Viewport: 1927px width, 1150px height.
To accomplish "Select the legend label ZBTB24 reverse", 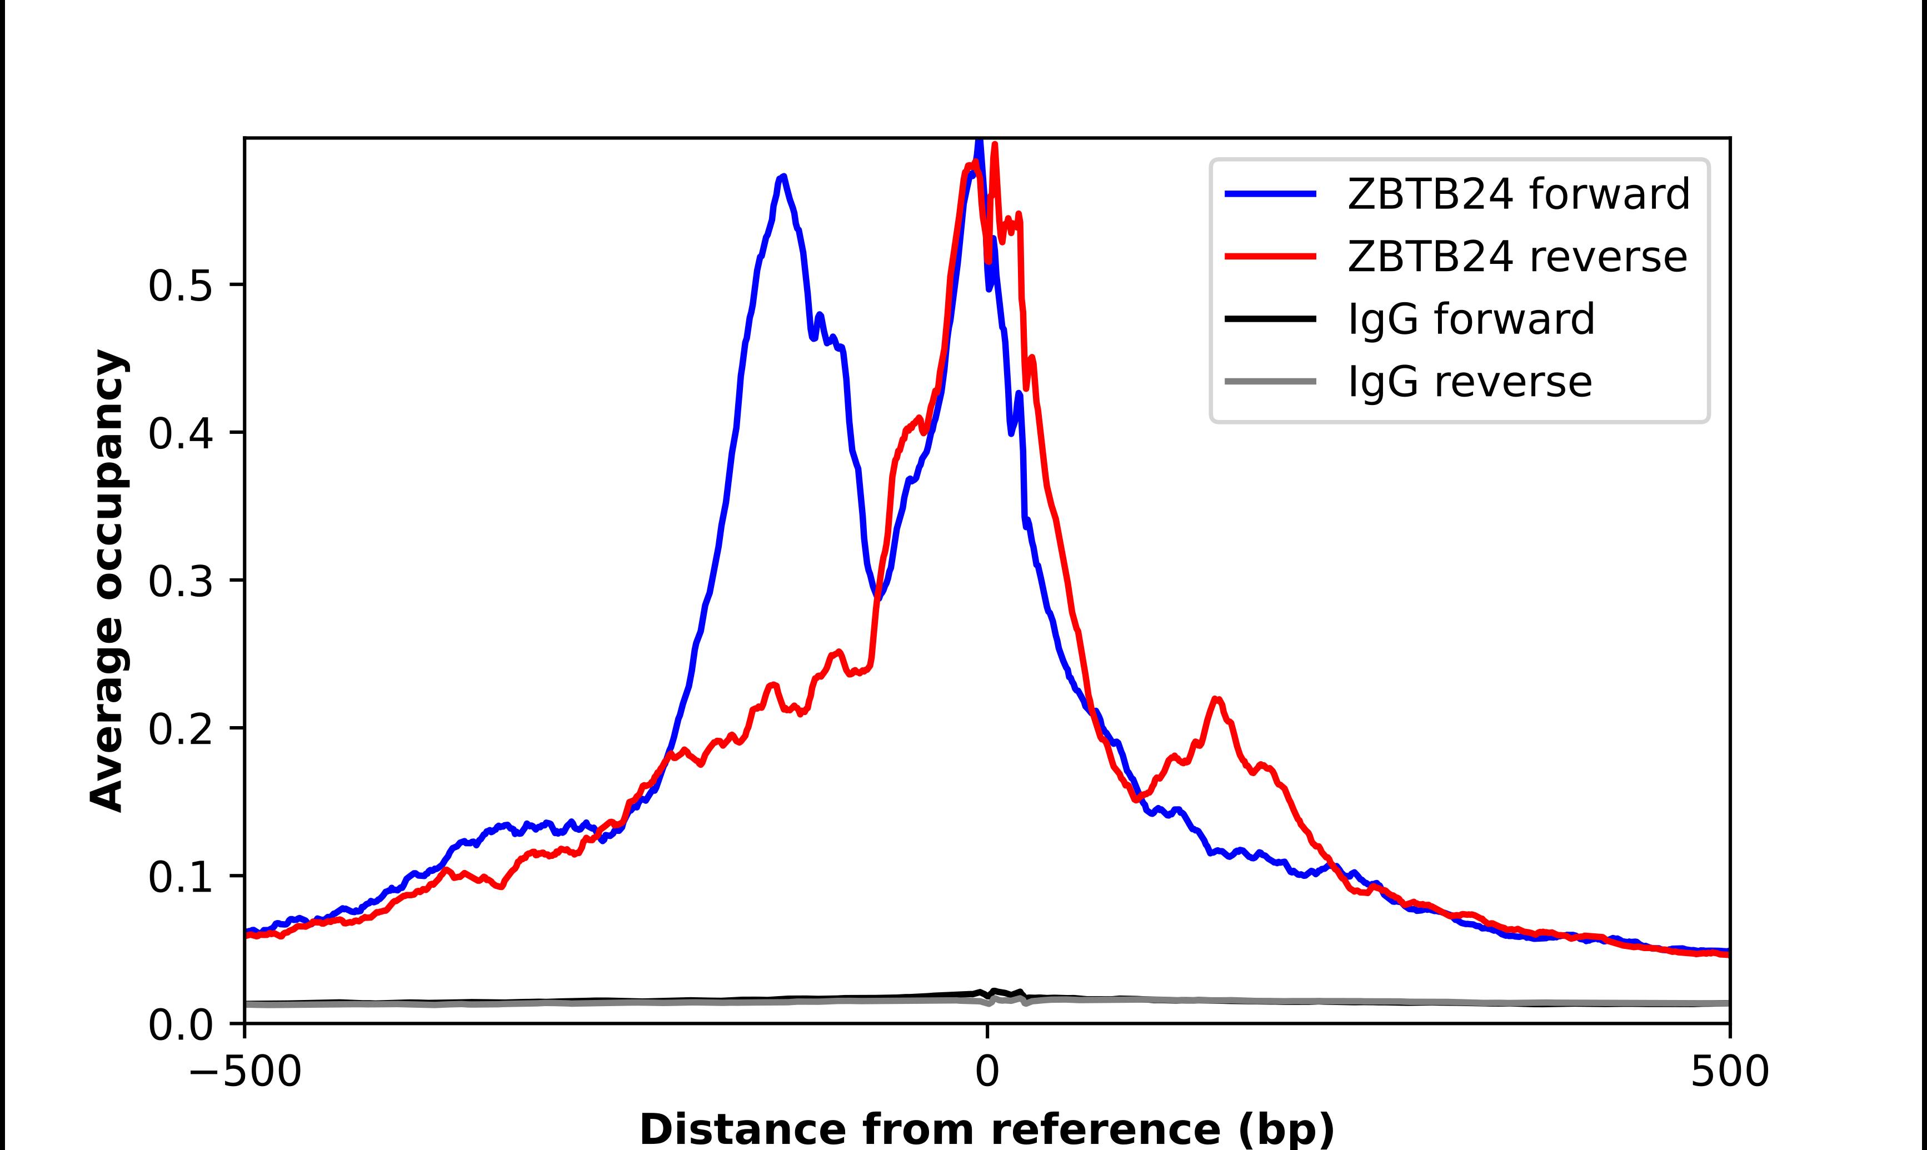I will [1516, 257].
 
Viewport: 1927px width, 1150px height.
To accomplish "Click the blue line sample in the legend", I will [1271, 194].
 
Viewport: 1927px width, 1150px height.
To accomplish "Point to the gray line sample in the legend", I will [1271, 381].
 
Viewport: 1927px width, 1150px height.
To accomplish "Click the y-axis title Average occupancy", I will [106, 581].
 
